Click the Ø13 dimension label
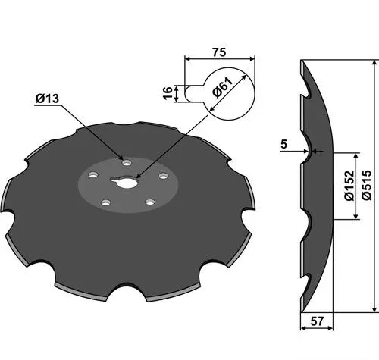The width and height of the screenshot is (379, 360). pyautogui.click(x=47, y=99)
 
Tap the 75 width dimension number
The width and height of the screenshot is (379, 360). pyautogui.click(x=219, y=52)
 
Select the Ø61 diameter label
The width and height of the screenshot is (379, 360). pyautogui.click(x=222, y=87)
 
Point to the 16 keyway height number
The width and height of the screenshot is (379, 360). pyautogui.click(x=168, y=93)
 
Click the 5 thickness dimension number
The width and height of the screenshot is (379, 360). pyautogui.click(x=284, y=145)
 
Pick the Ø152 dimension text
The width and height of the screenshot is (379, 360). pyautogui.click(x=349, y=186)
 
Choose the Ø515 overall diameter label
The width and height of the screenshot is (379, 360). pyautogui.click(x=367, y=185)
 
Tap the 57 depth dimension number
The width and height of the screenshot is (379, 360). pyautogui.click(x=317, y=321)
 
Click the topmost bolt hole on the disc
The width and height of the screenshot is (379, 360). pyautogui.click(x=127, y=162)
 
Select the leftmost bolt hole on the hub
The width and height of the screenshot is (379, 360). pyautogui.click(x=93, y=174)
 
